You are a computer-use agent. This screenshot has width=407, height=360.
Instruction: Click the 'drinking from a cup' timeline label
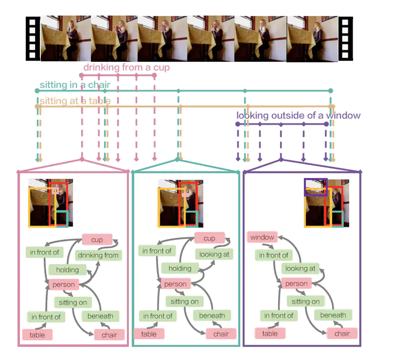click(x=126, y=68)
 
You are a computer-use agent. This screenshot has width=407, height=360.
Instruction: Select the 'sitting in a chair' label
click(x=75, y=85)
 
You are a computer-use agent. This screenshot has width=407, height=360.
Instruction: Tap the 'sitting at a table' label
click(x=75, y=101)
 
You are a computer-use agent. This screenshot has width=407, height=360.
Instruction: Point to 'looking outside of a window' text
click(x=298, y=116)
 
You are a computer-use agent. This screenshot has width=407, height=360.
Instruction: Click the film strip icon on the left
click(x=33, y=39)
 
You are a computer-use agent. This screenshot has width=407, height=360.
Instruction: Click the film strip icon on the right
click(x=345, y=39)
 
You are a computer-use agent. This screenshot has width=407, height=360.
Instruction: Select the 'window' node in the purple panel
click(x=262, y=237)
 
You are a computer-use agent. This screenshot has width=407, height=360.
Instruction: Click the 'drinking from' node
click(x=98, y=255)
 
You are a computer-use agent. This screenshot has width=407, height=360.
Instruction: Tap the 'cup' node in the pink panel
click(x=97, y=240)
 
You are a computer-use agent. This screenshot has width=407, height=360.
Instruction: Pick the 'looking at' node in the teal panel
click(x=214, y=254)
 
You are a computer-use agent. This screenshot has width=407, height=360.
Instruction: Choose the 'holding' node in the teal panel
click(x=180, y=268)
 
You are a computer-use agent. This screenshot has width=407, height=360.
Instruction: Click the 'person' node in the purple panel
click(x=296, y=284)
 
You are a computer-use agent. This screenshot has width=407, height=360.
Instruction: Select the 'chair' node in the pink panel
click(x=109, y=335)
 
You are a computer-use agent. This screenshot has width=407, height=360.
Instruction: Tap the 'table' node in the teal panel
click(x=149, y=334)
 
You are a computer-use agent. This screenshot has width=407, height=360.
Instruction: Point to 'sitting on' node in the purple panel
click(x=305, y=301)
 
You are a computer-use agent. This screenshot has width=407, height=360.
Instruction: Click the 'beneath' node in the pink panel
click(x=100, y=316)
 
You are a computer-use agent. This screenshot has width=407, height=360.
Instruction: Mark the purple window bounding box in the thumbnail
click(x=315, y=187)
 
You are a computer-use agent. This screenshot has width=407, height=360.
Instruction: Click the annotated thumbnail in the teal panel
click(x=180, y=204)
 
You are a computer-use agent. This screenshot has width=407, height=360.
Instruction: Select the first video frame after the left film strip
click(x=66, y=38)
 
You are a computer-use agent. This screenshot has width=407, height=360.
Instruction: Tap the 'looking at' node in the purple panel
click(x=300, y=268)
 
